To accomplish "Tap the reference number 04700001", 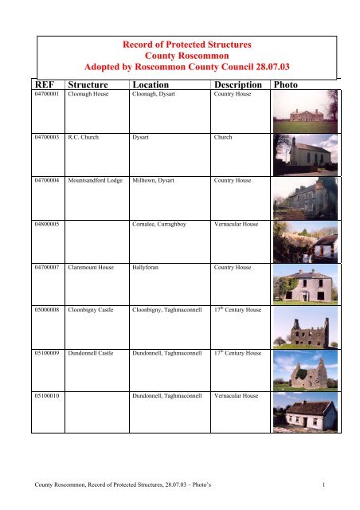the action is (47, 94).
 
